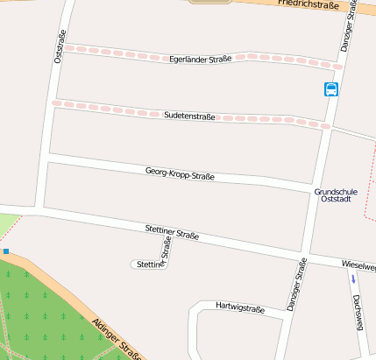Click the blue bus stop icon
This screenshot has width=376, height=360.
(331, 89)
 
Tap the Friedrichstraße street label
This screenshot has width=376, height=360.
(308, 4)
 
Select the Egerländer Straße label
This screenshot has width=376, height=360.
(201, 59)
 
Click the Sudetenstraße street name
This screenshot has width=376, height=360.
(189, 115)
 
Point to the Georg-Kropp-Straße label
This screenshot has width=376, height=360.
(180, 174)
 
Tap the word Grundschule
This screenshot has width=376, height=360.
(336, 191)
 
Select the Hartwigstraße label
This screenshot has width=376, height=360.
(240, 308)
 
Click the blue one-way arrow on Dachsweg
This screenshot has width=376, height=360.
(353, 279)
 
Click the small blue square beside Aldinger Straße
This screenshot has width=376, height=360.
(5, 251)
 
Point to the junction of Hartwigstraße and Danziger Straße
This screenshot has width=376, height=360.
(285, 316)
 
